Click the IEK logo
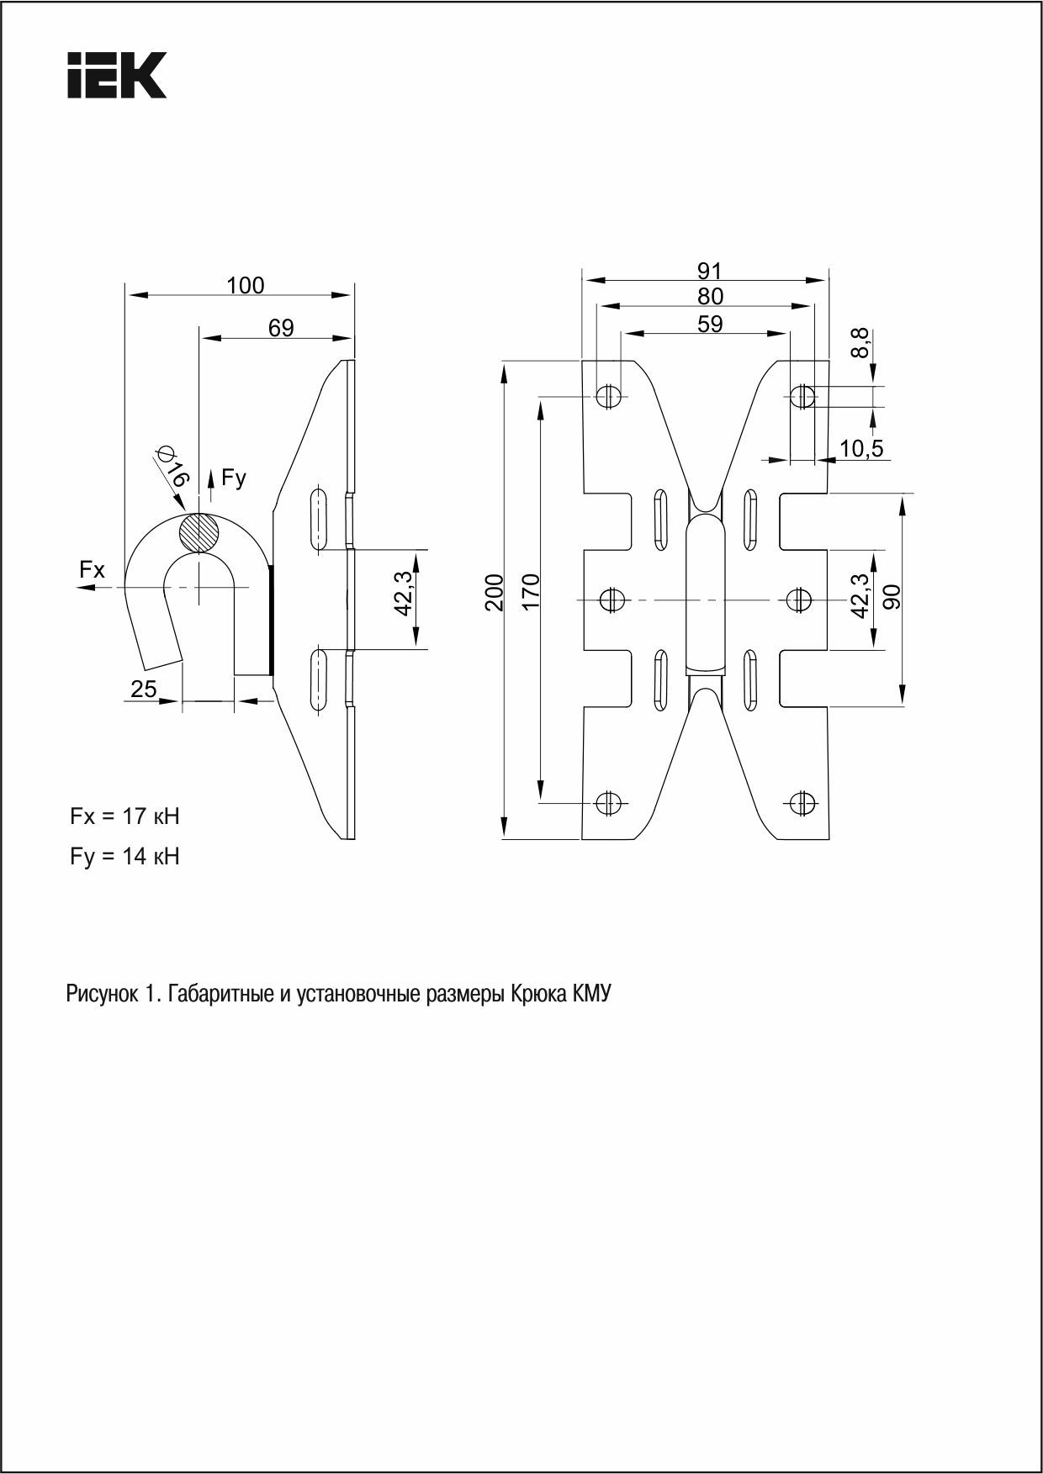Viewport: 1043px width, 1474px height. click(116, 76)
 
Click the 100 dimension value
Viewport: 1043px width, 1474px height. click(245, 286)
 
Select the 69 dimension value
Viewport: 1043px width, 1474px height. click(281, 328)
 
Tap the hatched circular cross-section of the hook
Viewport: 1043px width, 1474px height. click(199, 532)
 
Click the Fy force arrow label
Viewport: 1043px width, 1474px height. click(233, 478)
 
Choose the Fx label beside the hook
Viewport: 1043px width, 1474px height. click(93, 570)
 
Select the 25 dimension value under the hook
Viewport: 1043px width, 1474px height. click(144, 689)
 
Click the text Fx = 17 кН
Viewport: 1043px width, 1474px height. click(124, 816)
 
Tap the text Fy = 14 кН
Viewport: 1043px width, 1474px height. click(124, 857)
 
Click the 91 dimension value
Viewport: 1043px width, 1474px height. click(709, 271)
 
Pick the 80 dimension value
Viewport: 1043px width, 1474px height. click(710, 297)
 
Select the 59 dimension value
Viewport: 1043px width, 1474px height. click(710, 324)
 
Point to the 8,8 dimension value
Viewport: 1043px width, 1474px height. click(860, 344)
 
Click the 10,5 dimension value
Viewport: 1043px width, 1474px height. click(860, 449)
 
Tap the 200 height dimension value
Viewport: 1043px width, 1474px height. click(495, 592)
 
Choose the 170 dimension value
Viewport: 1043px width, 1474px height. click(531, 592)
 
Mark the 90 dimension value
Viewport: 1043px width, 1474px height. click(892, 596)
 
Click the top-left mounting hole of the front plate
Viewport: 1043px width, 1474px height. click(608, 395)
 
